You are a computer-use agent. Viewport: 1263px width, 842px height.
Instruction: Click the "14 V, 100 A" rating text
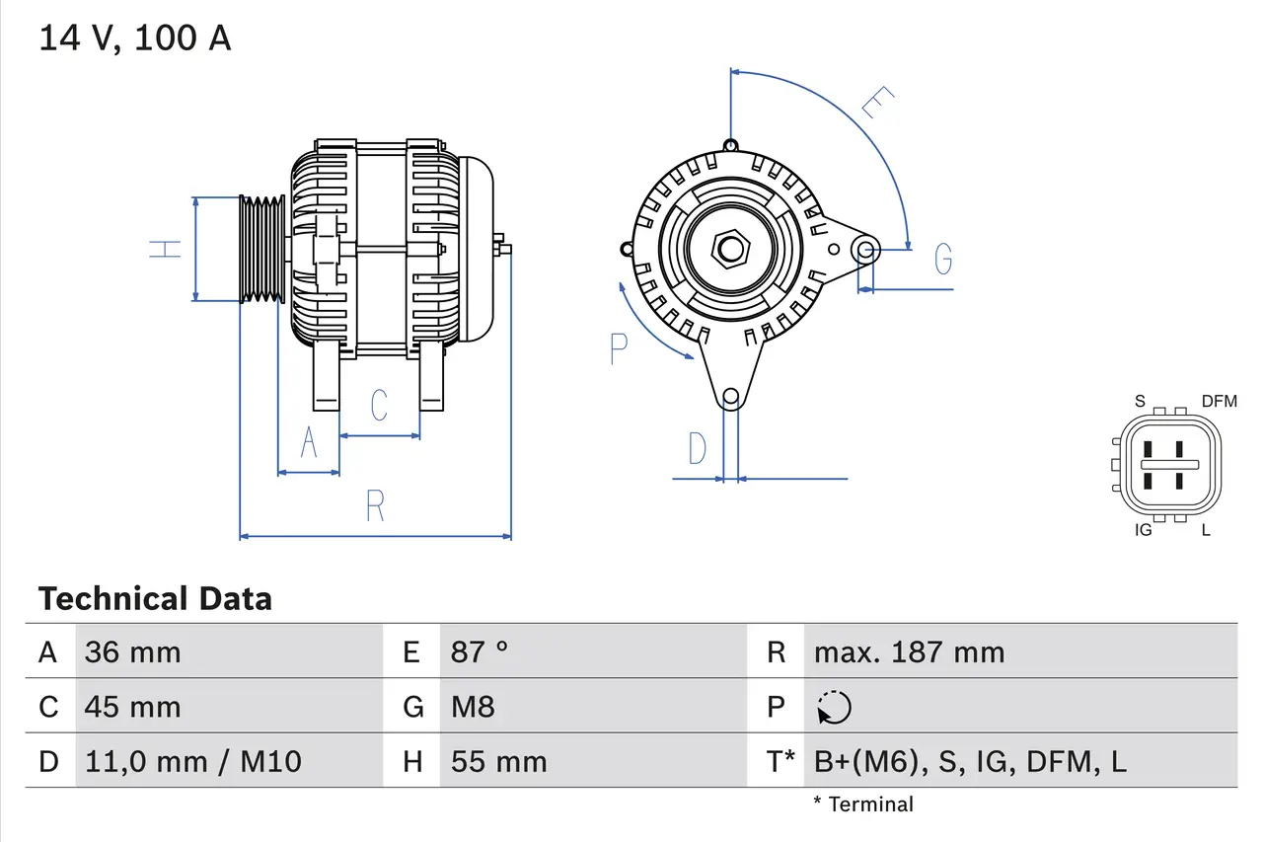point(135,38)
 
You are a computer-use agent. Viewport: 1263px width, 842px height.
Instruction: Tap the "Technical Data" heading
point(155,599)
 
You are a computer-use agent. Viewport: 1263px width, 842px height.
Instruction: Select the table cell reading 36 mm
point(132,652)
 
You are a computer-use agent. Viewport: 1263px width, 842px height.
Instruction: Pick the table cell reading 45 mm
point(132,707)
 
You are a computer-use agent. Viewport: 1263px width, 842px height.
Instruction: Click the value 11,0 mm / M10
point(192,761)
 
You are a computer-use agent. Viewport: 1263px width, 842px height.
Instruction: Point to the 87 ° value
point(480,652)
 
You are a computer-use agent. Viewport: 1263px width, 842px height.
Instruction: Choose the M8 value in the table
point(473,707)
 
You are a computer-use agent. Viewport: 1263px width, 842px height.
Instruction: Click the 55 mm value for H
point(498,761)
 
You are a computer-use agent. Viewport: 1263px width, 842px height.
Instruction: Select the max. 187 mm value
point(909,652)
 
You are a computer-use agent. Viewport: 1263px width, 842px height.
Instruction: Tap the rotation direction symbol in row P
point(834,707)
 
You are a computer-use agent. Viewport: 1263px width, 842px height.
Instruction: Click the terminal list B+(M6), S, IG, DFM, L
point(970,761)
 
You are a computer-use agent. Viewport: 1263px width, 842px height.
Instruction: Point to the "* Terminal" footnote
point(863,804)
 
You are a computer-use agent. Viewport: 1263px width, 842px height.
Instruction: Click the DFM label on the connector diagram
point(1219,401)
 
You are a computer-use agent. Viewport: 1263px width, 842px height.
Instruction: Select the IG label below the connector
point(1144,530)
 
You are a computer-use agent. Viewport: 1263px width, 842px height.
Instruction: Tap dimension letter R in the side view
point(375,505)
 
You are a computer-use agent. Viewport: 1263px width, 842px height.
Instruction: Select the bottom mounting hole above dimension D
point(730,398)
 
